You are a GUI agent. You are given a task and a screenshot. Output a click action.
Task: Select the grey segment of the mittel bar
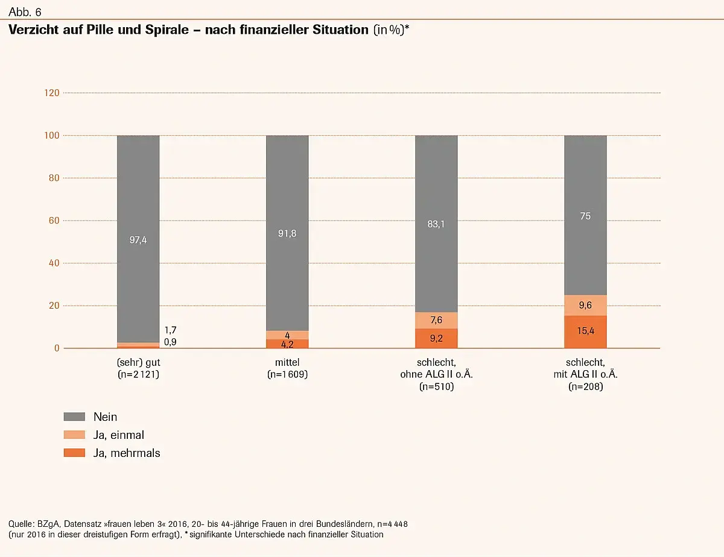coord(287,233)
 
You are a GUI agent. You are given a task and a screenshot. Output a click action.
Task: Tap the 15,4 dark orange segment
coord(585,332)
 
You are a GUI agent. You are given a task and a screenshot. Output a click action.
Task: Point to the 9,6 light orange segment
coord(585,306)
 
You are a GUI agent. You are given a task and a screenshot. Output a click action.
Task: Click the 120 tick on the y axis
coord(52,93)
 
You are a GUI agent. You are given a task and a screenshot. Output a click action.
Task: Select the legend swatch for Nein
coord(74,417)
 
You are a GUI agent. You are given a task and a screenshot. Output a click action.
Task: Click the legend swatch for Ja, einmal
coord(74,435)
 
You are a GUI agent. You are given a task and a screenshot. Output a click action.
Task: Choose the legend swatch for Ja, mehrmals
coord(74,453)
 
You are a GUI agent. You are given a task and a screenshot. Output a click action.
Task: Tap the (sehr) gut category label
coord(138,363)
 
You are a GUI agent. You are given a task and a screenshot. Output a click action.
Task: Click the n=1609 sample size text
coord(287,375)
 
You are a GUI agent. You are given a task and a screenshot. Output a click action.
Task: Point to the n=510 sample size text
coord(436,387)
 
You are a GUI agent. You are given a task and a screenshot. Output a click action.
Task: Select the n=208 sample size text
coord(585,387)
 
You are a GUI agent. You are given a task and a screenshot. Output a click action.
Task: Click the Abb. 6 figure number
coord(25,11)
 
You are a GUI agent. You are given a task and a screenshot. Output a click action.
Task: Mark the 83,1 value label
coord(436,224)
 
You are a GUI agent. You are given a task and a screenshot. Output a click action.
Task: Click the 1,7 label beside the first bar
coord(171,330)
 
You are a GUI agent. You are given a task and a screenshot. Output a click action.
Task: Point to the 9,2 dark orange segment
coord(436,339)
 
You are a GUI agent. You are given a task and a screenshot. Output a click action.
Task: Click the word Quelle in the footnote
coord(22,523)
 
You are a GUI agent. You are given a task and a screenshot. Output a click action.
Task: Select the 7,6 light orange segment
coord(436,320)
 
